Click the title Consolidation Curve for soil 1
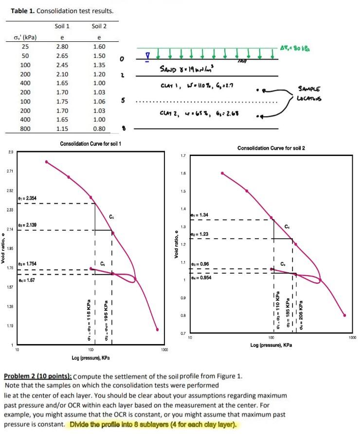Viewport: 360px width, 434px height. click(x=90, y=144)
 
